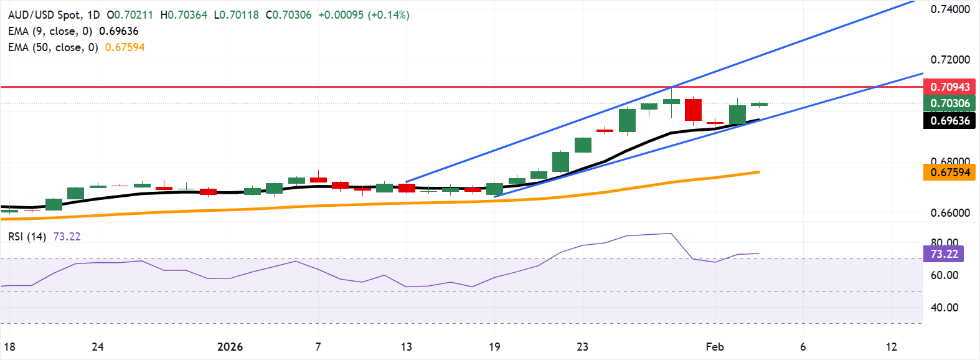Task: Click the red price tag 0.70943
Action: [x=949, y=87]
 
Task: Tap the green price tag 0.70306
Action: [x=949, y=103]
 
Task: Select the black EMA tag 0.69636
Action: [x=949, y=121]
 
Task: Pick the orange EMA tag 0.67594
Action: [x=949, y=173]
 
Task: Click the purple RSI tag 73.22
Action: [x=944, y=254]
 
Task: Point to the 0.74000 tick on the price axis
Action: [x=950, y=9]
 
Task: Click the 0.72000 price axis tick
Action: [x=950, y=60]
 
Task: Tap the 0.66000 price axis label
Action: [x=950, y=213]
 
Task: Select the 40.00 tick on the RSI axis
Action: [x=945, y=308]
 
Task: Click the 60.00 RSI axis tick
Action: [x=945, y=275]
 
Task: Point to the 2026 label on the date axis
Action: [x=230, y=347]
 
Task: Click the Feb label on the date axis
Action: [x=715, y=347]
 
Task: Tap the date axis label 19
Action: [x=494, y=347]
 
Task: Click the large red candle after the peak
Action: [x=693, y=110]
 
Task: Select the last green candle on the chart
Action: [x=759, y=104]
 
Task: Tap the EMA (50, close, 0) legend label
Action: [x=53, y=47]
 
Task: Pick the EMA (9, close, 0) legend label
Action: [x=50, y=31]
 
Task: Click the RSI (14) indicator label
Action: [x=27, y=237]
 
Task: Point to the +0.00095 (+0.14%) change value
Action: [x=364, y=15]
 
